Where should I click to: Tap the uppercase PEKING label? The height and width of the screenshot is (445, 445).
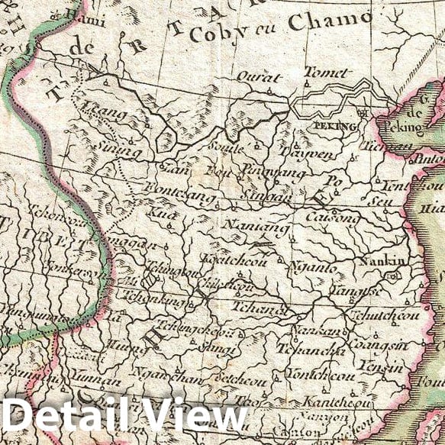[x=336, y=126]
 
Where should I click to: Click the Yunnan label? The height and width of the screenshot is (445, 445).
[x=97, y=380]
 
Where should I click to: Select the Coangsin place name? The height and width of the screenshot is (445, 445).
[x=369, y=345]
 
